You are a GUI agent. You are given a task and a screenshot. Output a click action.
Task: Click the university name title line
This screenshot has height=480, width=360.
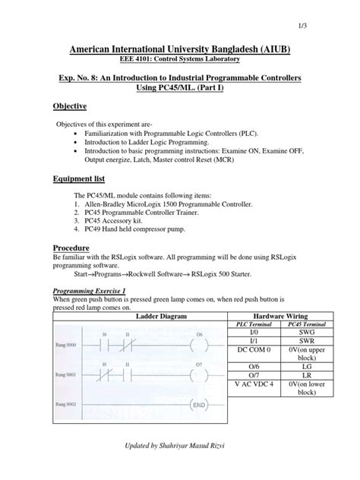179,49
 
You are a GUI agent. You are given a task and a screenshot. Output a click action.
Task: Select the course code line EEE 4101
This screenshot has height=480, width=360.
179,62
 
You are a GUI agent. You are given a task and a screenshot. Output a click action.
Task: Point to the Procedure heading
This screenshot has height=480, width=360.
71,249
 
